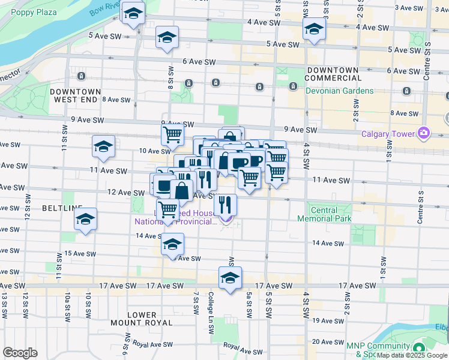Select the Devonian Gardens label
pyautogui.click(x=339, y=91)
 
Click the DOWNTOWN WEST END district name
pyautogui.click(x=76, y=95)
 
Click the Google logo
pyautogui.click(x=20, y=353)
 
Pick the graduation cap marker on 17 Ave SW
pyautogui.click(x=230, y=278)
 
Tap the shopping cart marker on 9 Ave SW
pyautogui.click(x=172, y=134)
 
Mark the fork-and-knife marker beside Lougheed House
pyautogui.click(x=225, y=204)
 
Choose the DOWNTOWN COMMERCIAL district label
pyautogui.click(x=333, y=74)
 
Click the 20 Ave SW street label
pyautogui.click(x=327, y=341)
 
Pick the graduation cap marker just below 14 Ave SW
pyautogui.click(x=172, y=244)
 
